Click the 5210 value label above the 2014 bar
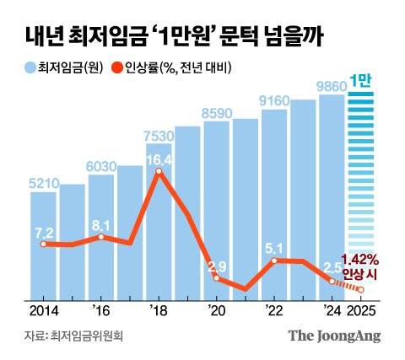coord(43,181)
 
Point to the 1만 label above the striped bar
coord(360,82)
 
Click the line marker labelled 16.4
coord(158,173)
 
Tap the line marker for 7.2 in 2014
coord(43,244)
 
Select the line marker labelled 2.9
coord(216,278)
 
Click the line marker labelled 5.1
coord(273,261)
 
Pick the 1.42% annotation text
coord(359,259)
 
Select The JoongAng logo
coord(335,336)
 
